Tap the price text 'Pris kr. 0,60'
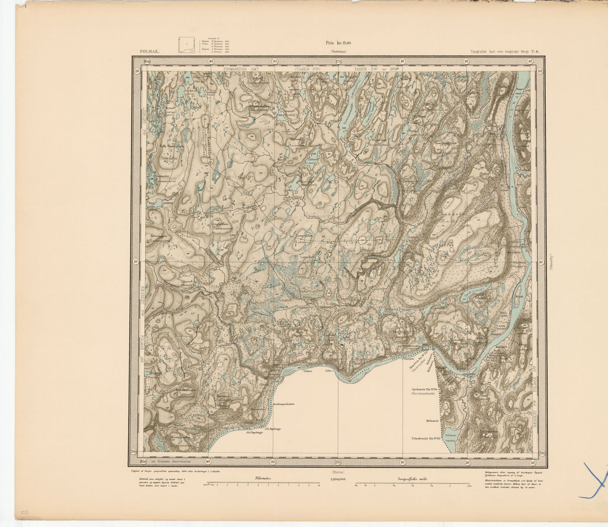338,42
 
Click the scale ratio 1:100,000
338,479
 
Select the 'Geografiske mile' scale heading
413,479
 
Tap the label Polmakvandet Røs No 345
425,438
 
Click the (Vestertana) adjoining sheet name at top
338,51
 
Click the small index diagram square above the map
186,45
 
